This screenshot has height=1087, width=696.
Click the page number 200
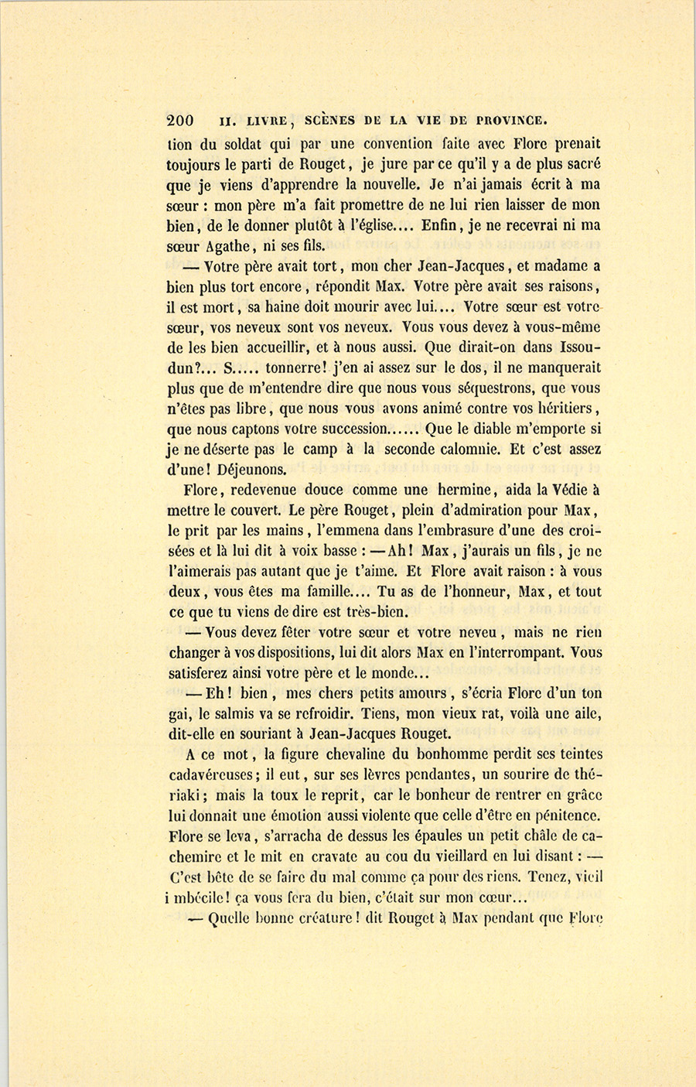point(179,121)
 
